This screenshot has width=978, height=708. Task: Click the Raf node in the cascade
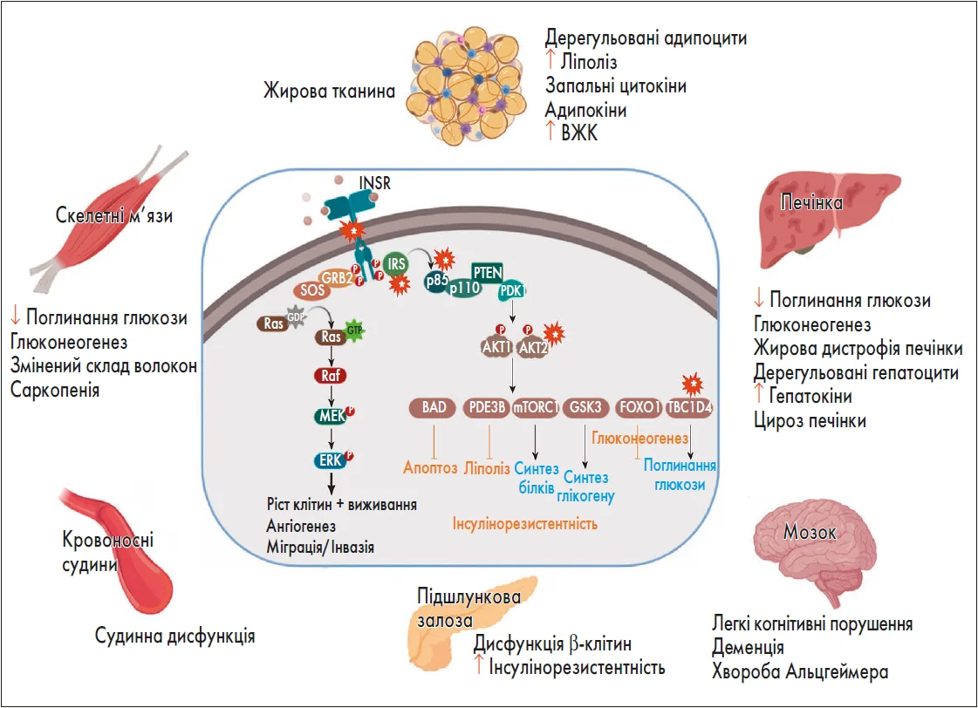pyautogui.click(x=331, y=377)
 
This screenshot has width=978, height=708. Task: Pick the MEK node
pyautogui.click(x=331, y=418)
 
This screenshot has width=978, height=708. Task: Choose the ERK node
pyautogui.click(x=331, y=459)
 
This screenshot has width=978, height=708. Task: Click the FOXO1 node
pyautogui.click(x=636, y=408)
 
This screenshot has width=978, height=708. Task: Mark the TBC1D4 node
pyautogui.click(x=689, y=408)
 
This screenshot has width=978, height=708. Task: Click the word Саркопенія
pyautogui.click(x=55, y=390)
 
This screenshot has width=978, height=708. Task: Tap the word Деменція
pyautogui.click(x=748, y=648)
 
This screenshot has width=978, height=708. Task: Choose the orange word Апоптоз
pyautogui.click(x=430, y=467)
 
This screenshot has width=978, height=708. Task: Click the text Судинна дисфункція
pyautogui.click(x=174, y=636)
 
